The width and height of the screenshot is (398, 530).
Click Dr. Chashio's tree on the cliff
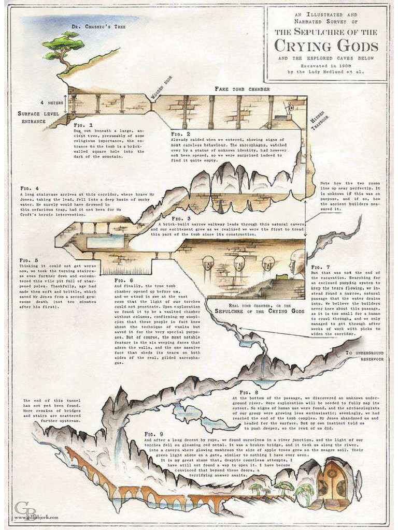63,47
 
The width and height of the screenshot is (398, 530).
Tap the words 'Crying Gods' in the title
326,46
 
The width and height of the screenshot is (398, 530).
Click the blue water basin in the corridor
105,241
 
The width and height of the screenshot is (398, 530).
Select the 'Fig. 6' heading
122,280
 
